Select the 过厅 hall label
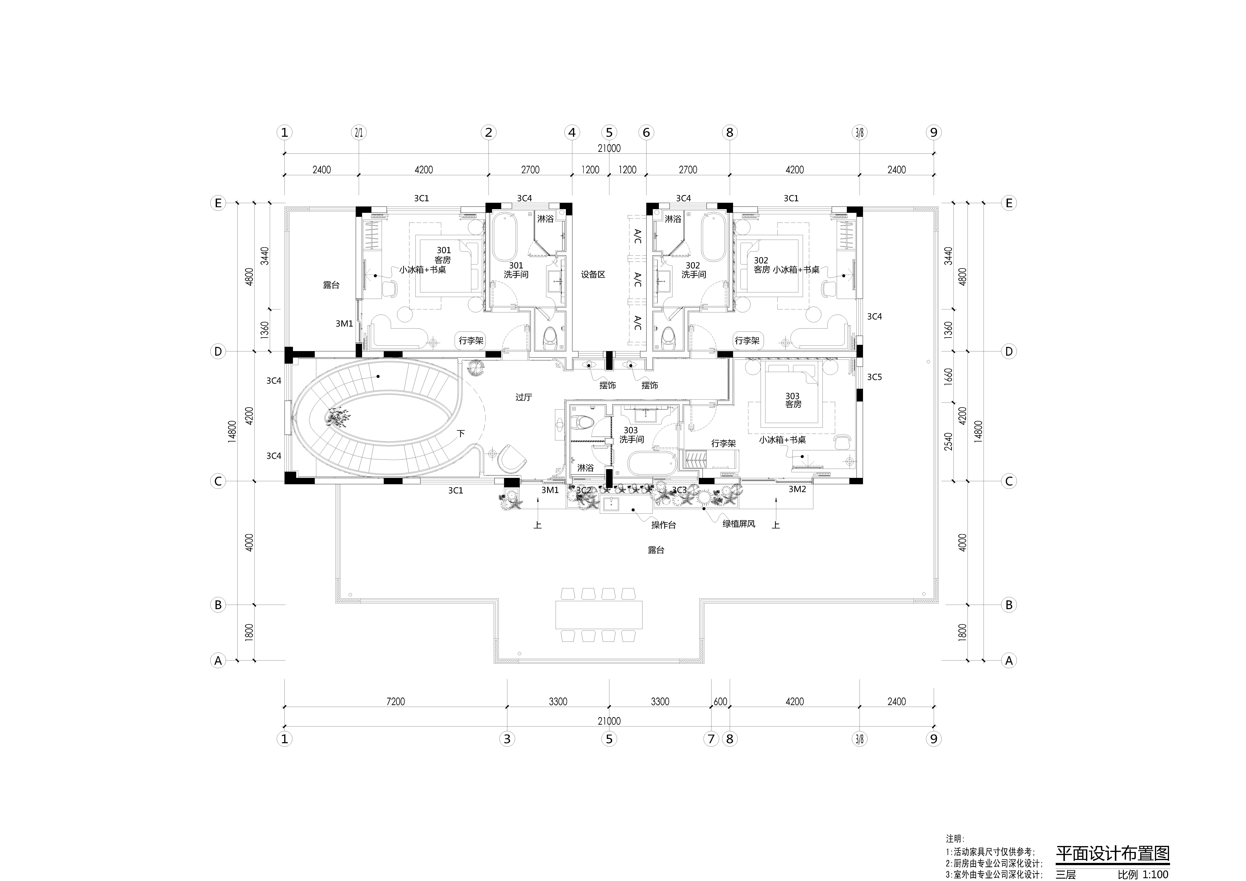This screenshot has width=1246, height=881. tap(524, 397)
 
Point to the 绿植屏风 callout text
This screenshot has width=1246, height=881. tap(739, 524)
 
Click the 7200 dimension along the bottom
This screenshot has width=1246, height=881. tap(396, 701)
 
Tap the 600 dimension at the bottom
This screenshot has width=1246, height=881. tap(720, 701)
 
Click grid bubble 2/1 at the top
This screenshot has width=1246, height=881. tap(359, 132)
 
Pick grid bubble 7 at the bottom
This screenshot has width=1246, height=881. tap(711, 739)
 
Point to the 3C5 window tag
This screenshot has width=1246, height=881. tap(874, 376)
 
